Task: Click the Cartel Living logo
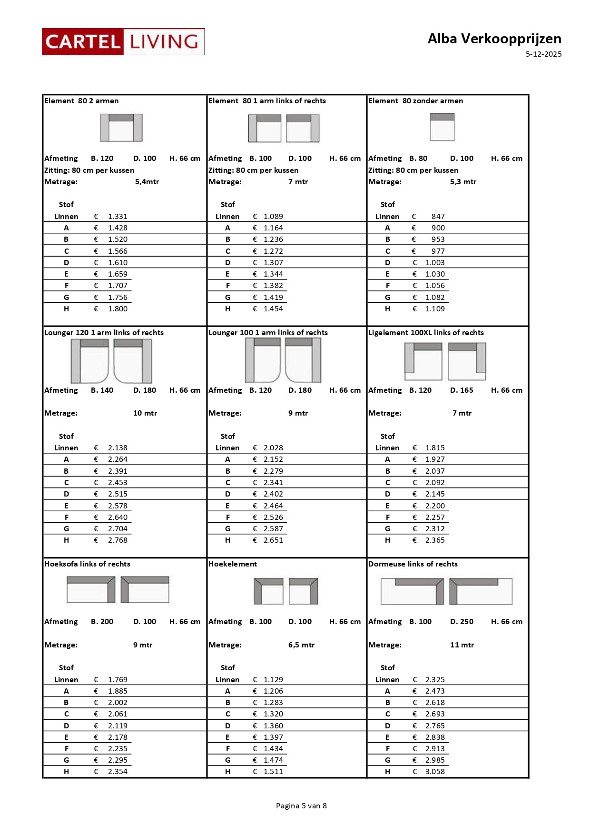point(123,42)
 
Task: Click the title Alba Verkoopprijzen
point(494,39)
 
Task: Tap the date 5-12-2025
point(543,54)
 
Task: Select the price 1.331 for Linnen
point(118,217)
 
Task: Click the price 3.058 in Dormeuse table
point(435,772)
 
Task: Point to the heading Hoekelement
point(233,564)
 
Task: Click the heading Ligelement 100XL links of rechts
point(426,333)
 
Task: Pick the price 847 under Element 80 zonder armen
point(438,217)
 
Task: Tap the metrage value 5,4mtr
point(147,182)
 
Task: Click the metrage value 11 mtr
point(462,645)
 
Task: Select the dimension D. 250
point(462,622)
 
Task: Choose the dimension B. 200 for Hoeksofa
point(102,622)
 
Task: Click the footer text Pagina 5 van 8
point(301,806)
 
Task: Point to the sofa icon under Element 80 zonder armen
point(442,127)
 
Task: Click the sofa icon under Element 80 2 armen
point(121,128)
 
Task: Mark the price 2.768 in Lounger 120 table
point(118,540)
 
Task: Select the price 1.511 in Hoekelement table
point(273,772)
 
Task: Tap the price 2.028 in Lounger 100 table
point(273,448)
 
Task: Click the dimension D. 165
point(462,390)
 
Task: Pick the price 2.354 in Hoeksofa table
point(118,772)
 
